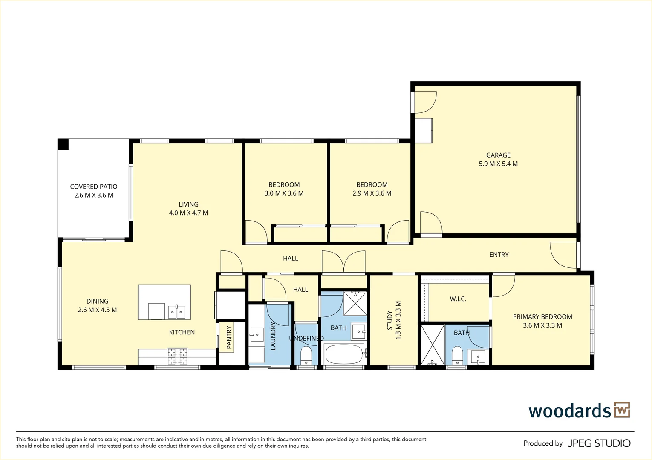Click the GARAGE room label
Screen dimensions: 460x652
(x=498, y=155)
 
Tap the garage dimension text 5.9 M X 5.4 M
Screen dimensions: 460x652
(x=498, y=164)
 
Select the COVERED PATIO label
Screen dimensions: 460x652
(x=94, y=187)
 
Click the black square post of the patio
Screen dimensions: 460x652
(x=63, y=144)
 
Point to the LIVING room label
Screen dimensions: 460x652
(x=188, y=204)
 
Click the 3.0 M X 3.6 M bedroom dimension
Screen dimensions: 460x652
(x=284, y=193)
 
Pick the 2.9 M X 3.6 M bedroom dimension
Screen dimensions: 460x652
(x=372, y=193)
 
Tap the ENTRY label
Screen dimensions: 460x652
(x=499, y=255)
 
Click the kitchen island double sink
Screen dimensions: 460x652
(x=176, y=312)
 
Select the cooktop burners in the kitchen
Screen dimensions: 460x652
(x=177, y=356)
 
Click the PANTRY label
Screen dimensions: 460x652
(x=229, y=337)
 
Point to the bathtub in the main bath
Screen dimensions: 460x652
(x=343, y=354)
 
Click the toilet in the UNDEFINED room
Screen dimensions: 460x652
(x=306, y=354)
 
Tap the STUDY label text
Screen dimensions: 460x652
(x=389, y=320)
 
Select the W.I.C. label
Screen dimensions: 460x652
(x=458, y=299)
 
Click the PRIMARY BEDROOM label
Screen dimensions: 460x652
(x=542, y=317)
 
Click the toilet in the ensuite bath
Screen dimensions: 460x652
(x=457, y=355)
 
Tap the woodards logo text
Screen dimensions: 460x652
(x=570, y=411)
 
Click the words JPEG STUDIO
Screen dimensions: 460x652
(x=599, y=443)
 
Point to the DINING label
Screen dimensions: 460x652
(x=97, y=302)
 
